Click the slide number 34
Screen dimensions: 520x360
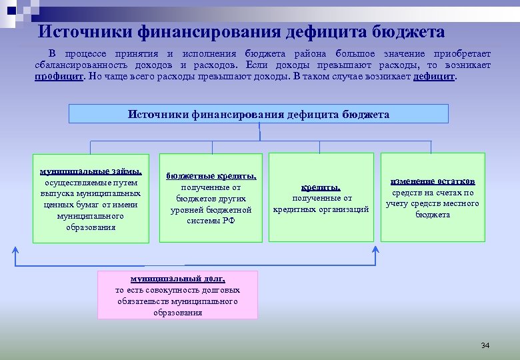[485, 345]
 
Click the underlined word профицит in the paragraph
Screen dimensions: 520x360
[59, 77]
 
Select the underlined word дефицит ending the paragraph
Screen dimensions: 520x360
[435, 77]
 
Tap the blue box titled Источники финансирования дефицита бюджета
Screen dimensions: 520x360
[259, 114]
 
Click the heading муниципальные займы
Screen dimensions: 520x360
[91, 171]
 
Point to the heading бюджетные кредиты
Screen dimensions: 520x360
[211, 176]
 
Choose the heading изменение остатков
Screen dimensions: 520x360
[433, 181]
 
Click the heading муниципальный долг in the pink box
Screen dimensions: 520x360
[177, 279]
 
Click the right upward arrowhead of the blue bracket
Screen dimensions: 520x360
[375, 251]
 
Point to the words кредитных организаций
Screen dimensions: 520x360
[321, 209]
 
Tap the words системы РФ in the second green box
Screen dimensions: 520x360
[211, 221]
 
